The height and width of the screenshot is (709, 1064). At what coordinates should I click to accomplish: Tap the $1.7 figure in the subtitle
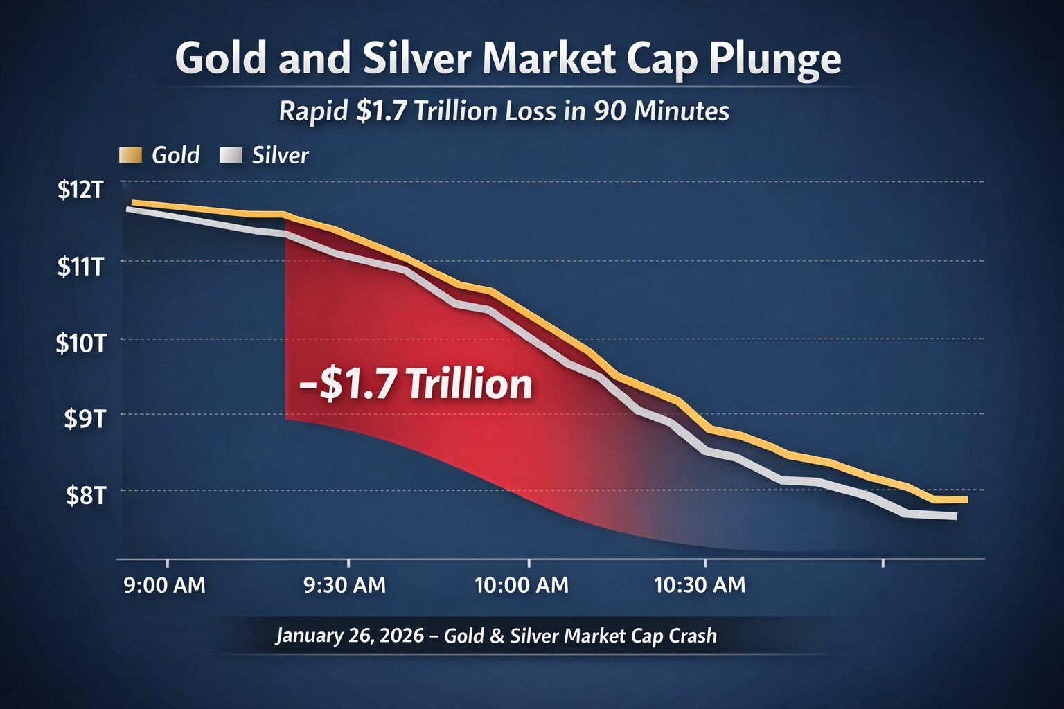pyautogui.click(x=380, y=111)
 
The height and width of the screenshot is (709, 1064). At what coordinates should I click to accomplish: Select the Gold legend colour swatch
pyautogui.click(x=130, y=155)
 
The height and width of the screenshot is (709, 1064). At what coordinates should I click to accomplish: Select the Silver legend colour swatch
pyautogui.click(x=231, y=155)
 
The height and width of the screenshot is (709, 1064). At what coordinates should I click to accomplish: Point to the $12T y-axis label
pyautogui.click(x=80, y=189)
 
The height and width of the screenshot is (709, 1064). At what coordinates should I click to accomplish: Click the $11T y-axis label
pyautogui.click(x=80, y=266)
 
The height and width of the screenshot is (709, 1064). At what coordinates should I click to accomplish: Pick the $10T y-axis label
pyautogui.click(x=80, y=343)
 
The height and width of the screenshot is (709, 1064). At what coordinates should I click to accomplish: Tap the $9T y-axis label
pyautogui.click(x=84, y=418)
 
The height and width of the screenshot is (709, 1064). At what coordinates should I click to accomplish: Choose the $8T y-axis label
pyautogui.click(x=85, y=495)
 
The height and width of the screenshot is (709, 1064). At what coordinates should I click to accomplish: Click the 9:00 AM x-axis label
pyautogui.click(x=164, y=585)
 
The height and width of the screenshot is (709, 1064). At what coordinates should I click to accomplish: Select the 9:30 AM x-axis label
pyautogui.click(x=345, y=585)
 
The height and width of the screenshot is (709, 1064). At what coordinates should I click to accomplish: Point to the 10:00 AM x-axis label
pyautogui.click(x=522, y=585)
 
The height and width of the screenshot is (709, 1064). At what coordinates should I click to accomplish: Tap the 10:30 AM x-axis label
pyautogui.click(x=700, y=585)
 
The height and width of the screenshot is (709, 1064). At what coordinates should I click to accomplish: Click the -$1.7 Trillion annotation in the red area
pyautogui.click(x=416, y=385)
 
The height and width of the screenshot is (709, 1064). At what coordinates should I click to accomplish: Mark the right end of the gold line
pyautogui.click(x=965, y=499)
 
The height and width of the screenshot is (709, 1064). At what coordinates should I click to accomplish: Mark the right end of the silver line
pyautogui.click(x=955, y=516)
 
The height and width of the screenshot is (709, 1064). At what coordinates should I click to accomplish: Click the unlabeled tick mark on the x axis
pyautogui.click(x=883, y=563)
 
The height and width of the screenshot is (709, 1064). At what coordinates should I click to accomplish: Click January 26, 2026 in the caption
pyautogui.click(x=350, y=636)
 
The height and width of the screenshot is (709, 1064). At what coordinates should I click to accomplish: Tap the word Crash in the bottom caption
pyautogui.click(x=692, y=636)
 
